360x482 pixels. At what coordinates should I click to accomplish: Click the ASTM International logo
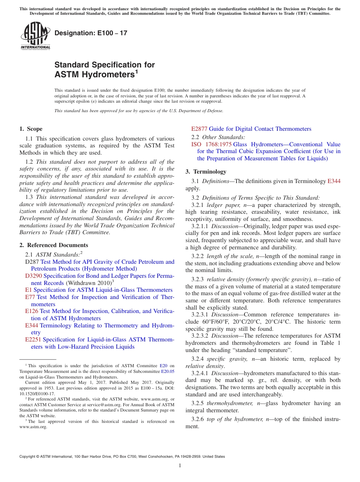click(35, 36)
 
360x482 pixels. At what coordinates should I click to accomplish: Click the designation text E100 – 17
click(91, 33)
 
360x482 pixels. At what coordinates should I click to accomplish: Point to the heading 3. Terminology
click(206, 172)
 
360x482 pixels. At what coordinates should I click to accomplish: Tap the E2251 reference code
click(33, 340)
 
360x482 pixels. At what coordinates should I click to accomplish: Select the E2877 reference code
click(199, 129)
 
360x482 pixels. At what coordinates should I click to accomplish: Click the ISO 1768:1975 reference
click(211, 144)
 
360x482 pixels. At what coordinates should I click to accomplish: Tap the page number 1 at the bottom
click(180, 465)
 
